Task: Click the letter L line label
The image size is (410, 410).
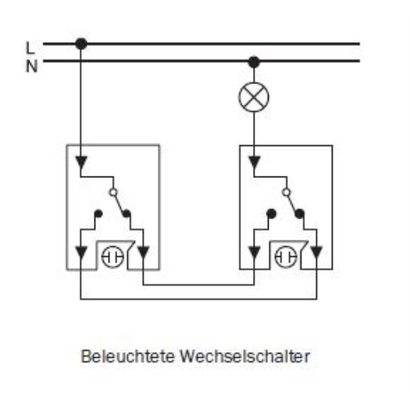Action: pyautogui.click(x=30, y=48)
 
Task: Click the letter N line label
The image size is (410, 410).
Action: pyautogui.click(x=32, y=66)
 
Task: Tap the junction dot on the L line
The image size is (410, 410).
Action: pyautogui.click(x=81, y=44)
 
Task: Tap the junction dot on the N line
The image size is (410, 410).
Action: pyautogui.click(x=254, y=62)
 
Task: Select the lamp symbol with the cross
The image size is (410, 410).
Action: pyautogui.click(x=254, y=97)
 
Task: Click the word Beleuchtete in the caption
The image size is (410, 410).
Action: pyautogui.click(x=127, y=356)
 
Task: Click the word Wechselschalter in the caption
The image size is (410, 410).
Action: pyautogui.click(x=245, y=356)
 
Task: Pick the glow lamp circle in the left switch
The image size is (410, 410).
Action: pyautogui.click(x=112, y=257)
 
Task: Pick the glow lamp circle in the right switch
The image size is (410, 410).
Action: pyautogui.click(x=286, y=257)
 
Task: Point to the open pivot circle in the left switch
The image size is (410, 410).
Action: pyautogui.click(x=113, y=192)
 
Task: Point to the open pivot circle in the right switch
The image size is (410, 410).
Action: pyautogui.click(x=287, y=192)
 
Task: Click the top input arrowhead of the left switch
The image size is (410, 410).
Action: pyautogui.click(x=81, y=162)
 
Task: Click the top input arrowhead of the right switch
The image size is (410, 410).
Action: pyautogui.click(x=254, y=162)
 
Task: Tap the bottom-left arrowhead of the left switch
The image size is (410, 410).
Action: pyautogui.click(x=81, y=252)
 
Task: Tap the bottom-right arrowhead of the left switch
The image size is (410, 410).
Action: pyautogui.click(x=143, y=252)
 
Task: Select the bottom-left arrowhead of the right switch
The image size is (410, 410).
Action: pyautogui.click(x=254, y=252)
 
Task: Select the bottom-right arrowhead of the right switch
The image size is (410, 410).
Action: pyautogui.click(x=316, y=252)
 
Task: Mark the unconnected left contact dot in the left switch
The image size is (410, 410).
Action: pyautogui.click(x=98, y=214)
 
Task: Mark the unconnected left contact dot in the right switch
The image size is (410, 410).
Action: pyautogui.click(x=272, y=214)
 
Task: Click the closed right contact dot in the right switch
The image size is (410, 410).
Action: pyautogui.click(x=299, y=214)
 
